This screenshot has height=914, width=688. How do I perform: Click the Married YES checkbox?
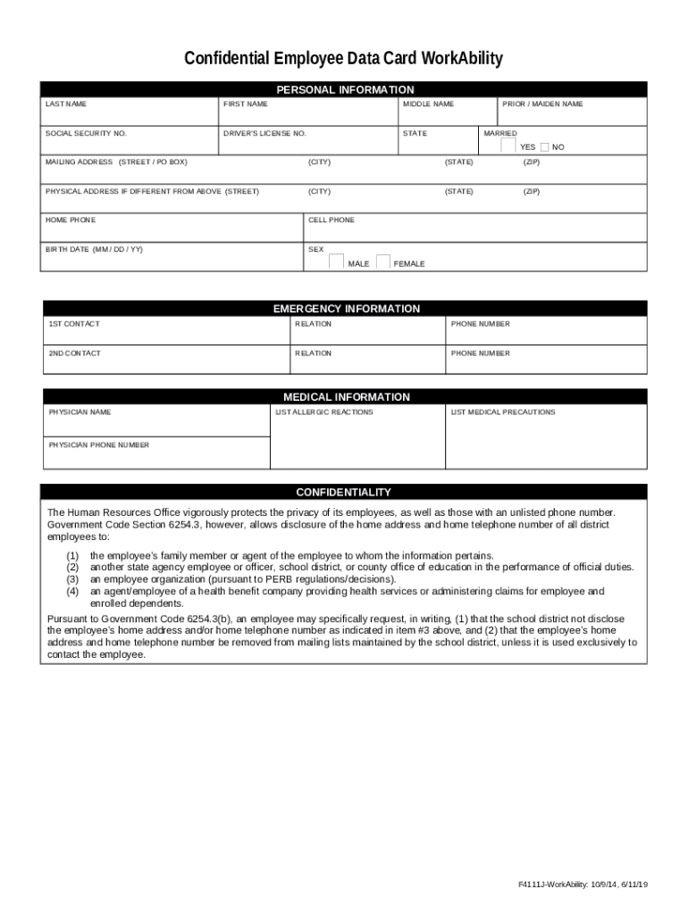coord(508,145)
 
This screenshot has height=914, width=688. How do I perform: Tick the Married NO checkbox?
coord(544,146)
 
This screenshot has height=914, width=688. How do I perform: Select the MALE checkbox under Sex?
coord(337,262)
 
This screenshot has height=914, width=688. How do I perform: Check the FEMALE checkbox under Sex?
coord(383,262)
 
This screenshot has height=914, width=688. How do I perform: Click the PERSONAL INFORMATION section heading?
coord(345,89)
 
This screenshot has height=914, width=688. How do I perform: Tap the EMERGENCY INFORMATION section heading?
coord(346,309)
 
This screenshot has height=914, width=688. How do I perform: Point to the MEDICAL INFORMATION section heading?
coord(346,396)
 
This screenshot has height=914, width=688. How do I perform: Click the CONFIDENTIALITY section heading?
coord(343,492)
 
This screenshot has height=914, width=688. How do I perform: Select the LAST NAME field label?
coord(66,104)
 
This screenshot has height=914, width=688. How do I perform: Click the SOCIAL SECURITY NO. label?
coord(86,133)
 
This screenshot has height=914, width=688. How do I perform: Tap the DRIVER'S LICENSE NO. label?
coord(264,133)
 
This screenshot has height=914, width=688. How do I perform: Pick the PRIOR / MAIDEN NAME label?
coord(542,104)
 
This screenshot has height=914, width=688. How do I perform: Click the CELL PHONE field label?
coord(331,220)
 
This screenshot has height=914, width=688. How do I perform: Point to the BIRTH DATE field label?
coord(94,249)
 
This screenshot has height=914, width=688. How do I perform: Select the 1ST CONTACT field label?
coord(74,324)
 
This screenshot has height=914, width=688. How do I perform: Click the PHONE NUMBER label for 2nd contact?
coord(480,353)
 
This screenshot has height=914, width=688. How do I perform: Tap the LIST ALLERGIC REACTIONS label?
coord(324,412)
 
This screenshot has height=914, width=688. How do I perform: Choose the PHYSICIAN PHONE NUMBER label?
coord(98,445)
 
